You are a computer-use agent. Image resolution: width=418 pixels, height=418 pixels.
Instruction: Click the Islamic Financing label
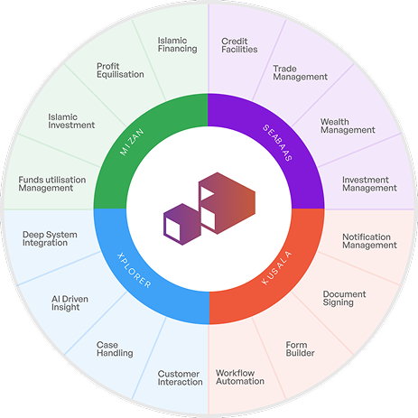click(176, 44)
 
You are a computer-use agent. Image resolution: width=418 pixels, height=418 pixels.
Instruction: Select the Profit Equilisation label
click(120, 70)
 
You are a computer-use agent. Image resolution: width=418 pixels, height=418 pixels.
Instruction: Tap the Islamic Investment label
click(71, 120)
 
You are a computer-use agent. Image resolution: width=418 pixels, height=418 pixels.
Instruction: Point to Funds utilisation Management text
click(51, 183)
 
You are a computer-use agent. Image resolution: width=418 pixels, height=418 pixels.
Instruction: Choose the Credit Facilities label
click(239, 44)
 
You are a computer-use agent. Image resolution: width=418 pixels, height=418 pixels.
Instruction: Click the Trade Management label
click(300, 71)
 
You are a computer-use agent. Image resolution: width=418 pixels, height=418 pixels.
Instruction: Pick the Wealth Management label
click(348, 125)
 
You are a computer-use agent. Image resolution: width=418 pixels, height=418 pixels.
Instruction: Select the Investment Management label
click(368, 183)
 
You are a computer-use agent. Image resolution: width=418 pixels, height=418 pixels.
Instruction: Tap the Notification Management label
click(368, 240)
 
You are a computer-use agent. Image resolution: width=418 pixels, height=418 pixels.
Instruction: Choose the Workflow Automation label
click(240, 376)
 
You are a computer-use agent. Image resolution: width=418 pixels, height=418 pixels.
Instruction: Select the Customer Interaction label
click(180, 377)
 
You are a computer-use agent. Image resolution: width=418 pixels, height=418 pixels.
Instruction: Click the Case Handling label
click(115, 349)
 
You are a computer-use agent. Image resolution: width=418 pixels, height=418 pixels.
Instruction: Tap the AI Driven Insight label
click(66, 302)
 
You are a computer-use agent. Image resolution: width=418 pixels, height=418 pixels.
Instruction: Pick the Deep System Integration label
click(50, 239)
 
